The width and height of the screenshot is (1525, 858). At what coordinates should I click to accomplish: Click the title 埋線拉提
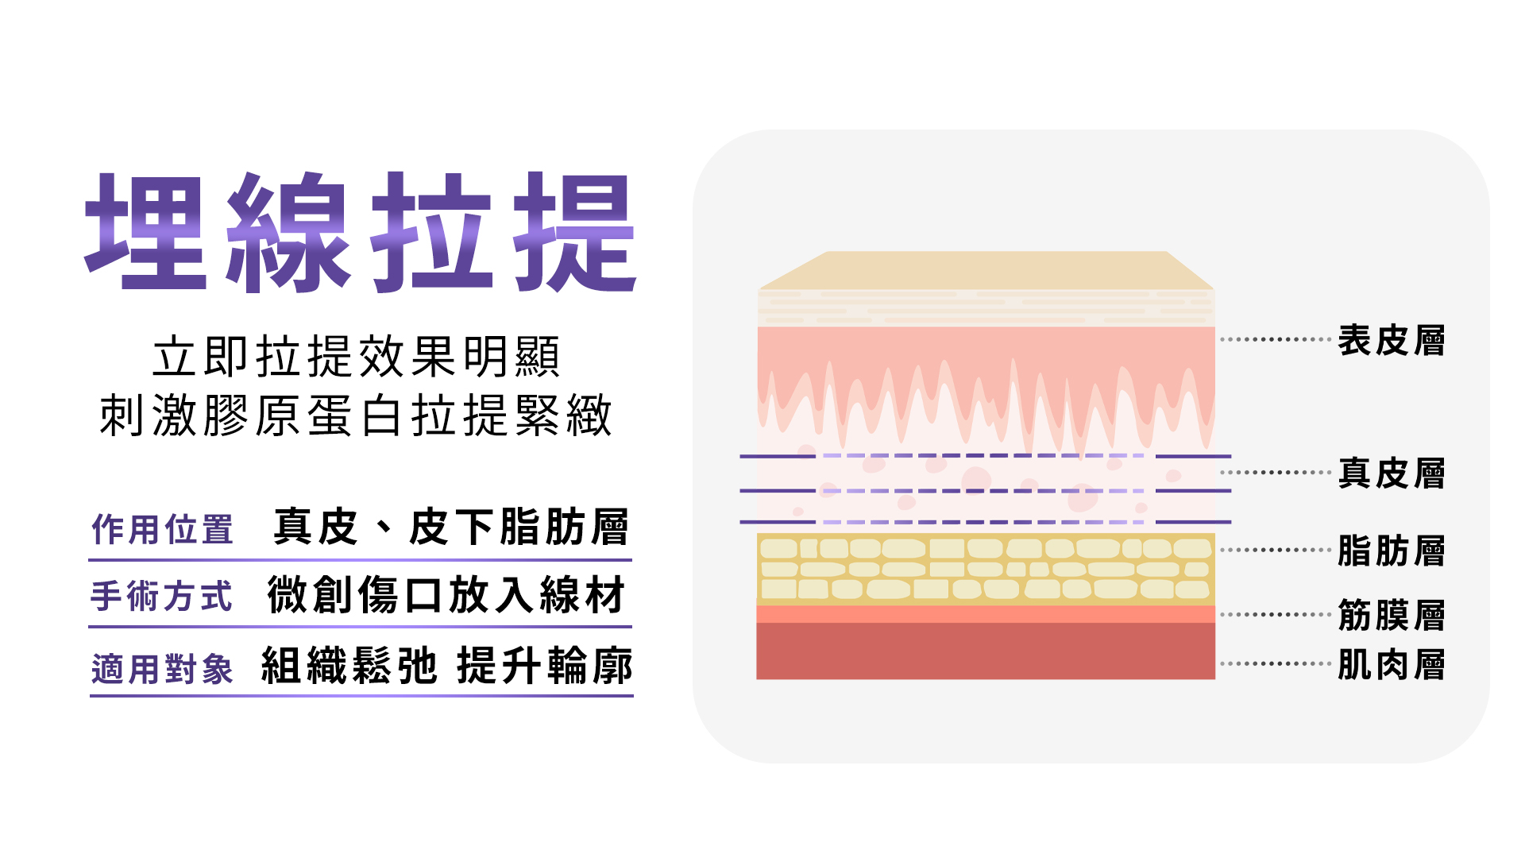coord(361,232)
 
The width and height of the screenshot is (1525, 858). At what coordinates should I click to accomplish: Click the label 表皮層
coord(1391,341)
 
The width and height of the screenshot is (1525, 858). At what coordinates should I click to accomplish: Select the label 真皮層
coord(1391,473)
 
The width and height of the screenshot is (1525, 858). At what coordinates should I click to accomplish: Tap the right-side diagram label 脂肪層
coord(1391,551)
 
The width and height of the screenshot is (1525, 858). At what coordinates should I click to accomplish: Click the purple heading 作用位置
coord(162,529)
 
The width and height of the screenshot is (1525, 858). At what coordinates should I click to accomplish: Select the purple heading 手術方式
coord(162,596)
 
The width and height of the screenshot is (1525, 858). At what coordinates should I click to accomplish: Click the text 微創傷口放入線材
coord(446,595)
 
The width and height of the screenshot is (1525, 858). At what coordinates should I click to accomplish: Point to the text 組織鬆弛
coord(349,666)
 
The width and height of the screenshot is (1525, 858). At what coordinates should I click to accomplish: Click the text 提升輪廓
coord(545,666)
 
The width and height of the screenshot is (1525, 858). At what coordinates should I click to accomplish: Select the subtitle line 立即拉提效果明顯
coord(357,357)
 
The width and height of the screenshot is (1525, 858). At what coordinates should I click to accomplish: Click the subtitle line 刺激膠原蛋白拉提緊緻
coord(356,415)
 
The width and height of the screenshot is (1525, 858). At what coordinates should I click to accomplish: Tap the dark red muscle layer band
coord(986,651)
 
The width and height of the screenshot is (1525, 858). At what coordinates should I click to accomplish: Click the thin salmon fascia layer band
coord(986,614)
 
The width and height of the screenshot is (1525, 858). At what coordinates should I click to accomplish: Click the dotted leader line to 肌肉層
coord(1276,663)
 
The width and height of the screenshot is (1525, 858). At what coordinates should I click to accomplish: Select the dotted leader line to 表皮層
coord(1276,339)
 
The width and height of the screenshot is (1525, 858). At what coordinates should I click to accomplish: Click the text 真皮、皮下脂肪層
coord(450,527)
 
